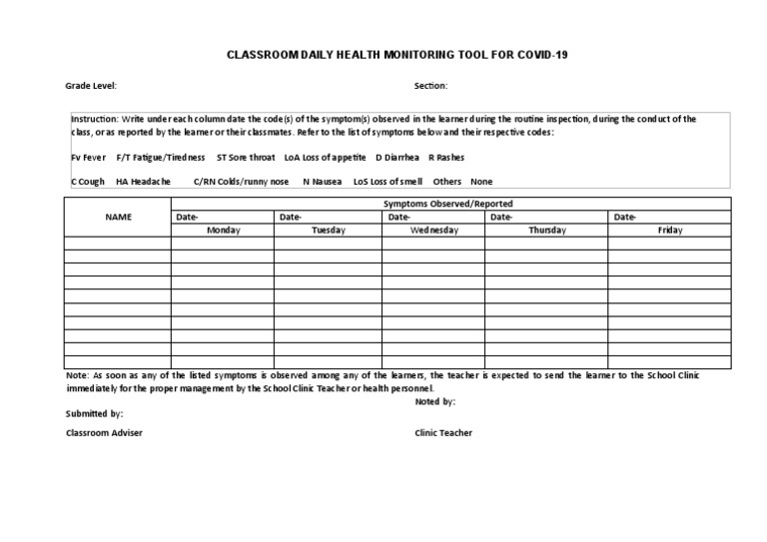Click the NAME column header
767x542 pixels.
pyautogui.click(x=119, y=216)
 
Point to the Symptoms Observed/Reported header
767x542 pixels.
pyautogui.click(x=448, y=203)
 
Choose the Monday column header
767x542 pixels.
pyautogui.click(x=223, y=230)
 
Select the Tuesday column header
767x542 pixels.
pyautogui.click(x=328, y=230)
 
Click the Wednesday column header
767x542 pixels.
pyautogui.click(x=434, y=230)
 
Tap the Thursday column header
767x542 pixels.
pyautogui.click(x=546, y=230)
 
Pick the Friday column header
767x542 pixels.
pyautogui.click(x=669, y=230)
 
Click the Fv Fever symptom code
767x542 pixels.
pyautogui.click(x=88, y=157)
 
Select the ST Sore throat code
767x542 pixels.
pyautogui.click(x=246, y=157)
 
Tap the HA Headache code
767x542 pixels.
pyautogui.click(x=143, y=182)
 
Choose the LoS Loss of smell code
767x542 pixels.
pyautogui.click(x=387, y=182)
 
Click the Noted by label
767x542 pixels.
pyautogui.click(x=434, y=401)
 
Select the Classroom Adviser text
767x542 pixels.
pyautogui.click(x=104, y=433)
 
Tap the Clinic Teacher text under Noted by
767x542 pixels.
pyautogui.click(x=443, y=433)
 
